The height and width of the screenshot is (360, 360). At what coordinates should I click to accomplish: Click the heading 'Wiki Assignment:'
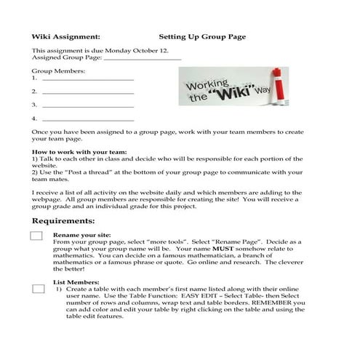pyautogui.click(x=65, y=36)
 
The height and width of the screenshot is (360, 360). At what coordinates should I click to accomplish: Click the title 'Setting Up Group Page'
pyautogui.click(x=201, y=36)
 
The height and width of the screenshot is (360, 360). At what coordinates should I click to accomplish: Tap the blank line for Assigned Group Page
pyautogui.click(x=143, y=58)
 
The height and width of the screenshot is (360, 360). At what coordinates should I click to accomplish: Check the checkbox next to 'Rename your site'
pyautogui.click(x=37, y=236)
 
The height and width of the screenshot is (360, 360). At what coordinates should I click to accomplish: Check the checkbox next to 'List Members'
pyautogui.click(x=37, y=289)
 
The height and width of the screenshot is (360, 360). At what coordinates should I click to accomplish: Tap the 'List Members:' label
pyautogui.click(x=75, y=281)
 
